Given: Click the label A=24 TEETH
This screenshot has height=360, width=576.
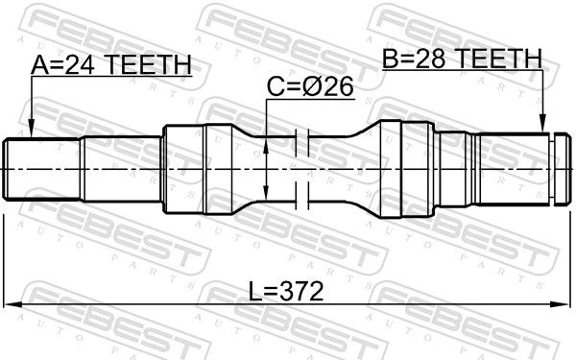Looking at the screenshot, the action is (x=111, y=64).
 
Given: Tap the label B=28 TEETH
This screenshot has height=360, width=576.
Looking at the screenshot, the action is (x=462, y=58).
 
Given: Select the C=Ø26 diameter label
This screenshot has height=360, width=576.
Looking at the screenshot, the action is (x=310, y=86).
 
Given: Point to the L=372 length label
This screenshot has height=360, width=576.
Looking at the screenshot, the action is (x=286, y=291).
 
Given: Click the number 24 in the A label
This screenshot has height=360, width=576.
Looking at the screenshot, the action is (x=80, y=65).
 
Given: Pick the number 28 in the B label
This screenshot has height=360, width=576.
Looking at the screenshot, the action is (x=430, y=58).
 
